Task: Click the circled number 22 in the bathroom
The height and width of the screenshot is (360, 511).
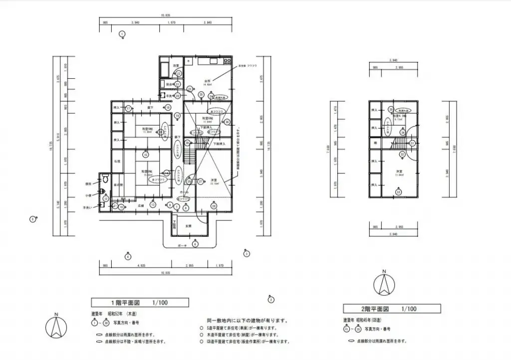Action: click(179, 73)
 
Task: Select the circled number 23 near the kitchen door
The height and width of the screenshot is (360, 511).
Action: click(190, 89)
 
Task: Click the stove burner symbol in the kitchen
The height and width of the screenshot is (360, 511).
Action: click(227, 61)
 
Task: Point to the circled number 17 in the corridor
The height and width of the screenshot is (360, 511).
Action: click(128, 108)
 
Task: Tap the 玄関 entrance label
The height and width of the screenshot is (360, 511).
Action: click(189, 226)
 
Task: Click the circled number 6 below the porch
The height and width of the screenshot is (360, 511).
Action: click(195, 243)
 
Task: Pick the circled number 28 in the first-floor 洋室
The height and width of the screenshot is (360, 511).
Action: click(214, 205)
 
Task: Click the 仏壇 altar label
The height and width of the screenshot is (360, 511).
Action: click(116, 162)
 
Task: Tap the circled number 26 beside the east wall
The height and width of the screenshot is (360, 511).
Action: click(227, 121)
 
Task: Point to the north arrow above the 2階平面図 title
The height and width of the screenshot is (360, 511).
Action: click(384, 283)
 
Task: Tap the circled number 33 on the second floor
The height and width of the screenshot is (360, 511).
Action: click(398, 192)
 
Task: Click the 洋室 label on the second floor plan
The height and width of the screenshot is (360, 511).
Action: click(399, 172)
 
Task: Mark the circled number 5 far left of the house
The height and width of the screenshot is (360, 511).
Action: click(32, 219)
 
